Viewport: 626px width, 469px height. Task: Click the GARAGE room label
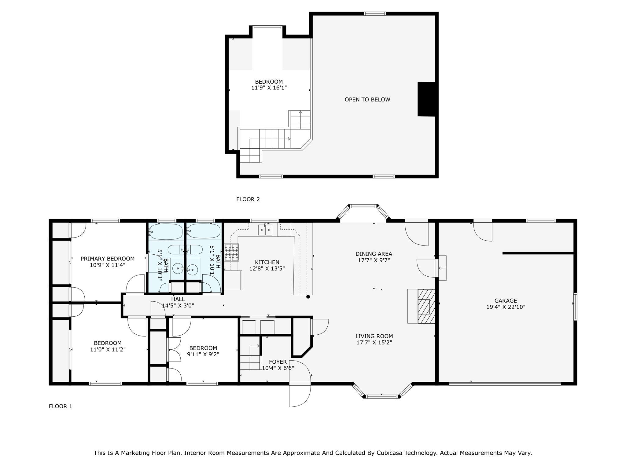pos(506,301)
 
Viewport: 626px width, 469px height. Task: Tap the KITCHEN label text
pos(267,262)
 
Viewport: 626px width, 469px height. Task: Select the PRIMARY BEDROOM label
pos(108,259)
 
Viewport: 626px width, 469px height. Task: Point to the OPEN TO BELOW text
pos(367,100)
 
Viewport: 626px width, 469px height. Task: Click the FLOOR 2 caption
pos(248,199)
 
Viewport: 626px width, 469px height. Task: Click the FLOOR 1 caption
pos(61,406)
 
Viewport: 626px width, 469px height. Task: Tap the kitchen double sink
pos(265,230)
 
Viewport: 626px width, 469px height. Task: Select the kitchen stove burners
pos(232,252)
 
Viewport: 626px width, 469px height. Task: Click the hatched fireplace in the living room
pos(426,306)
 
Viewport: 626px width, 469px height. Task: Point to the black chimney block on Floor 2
pos(426,99)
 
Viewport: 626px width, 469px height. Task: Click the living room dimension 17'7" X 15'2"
pos(374,343)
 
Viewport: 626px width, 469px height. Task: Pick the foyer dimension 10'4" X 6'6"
pos(278,368)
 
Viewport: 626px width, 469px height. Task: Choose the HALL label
pos(178,299)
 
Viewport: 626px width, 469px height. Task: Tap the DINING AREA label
pos(374,254)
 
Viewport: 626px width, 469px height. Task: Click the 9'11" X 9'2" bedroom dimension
pos(203,354)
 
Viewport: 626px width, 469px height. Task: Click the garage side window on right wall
pos(575,307)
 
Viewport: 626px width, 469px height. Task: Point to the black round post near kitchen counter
pos(308,296)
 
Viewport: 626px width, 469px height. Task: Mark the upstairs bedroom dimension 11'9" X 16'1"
pos(269,88)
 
